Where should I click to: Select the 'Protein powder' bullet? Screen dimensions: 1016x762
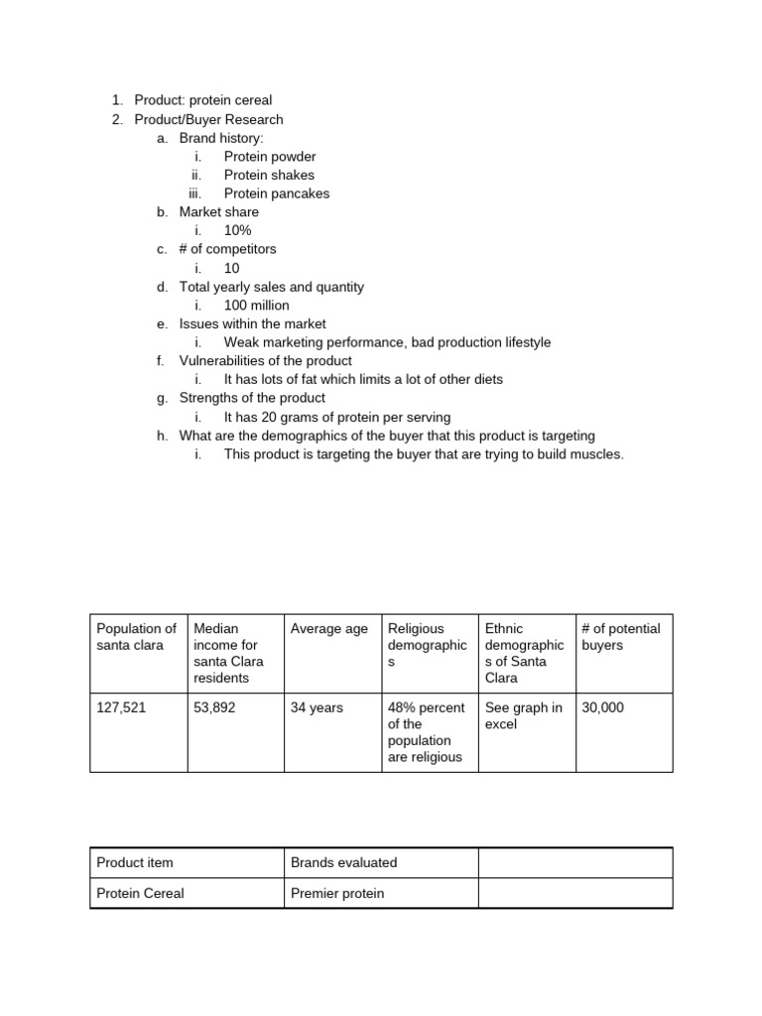pos(270,157)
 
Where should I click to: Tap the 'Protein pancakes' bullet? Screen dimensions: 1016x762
pos(276,193)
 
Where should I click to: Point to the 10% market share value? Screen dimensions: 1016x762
pos(237,230)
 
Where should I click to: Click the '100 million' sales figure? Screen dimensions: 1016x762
pos(256,305)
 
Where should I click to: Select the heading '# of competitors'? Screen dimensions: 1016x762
pos(227,249)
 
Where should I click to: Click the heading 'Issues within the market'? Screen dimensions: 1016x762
pos(252,323)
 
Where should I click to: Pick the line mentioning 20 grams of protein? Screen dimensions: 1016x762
pos(336,417)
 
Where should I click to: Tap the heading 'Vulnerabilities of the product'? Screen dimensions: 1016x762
pos(265,361)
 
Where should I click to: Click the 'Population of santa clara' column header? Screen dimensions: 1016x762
pos(137,636)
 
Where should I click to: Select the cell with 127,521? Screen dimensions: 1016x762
pos(120,708)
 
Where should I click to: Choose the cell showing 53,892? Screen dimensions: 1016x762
pos(215,708)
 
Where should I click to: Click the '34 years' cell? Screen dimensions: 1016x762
pos(317,708)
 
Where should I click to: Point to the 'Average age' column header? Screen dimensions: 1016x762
pos(328,628)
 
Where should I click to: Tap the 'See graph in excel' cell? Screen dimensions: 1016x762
pos(523,716)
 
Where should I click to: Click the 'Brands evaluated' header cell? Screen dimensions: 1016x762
pos(343,862)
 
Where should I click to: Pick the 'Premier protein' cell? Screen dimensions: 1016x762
pos(336,893)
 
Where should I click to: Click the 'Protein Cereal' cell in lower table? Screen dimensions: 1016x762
pos(140,893)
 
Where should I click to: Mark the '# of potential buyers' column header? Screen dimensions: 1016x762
pos(622,636)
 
